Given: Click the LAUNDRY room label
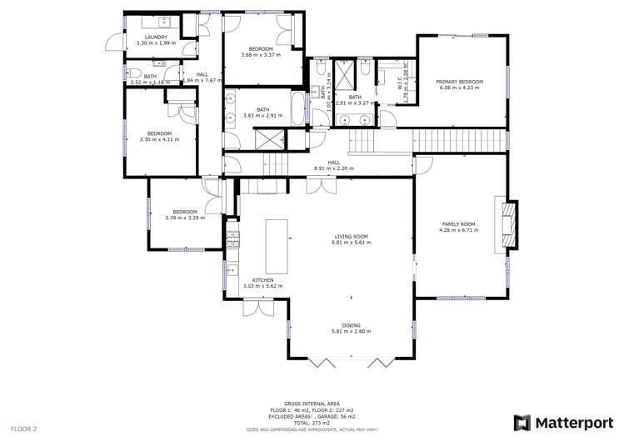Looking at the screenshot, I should point(156,37).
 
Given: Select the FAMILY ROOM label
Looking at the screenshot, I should point(457,224).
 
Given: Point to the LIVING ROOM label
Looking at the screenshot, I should point(349,236).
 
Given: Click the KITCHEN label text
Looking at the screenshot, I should point(262,279).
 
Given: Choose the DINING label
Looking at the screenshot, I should point(351,325).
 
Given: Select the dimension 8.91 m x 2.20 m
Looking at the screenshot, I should point(333,168).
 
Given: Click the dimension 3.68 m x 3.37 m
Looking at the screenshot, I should point(261,55).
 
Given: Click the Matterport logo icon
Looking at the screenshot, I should point(522,422).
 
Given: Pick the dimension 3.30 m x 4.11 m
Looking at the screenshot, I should point(159,139).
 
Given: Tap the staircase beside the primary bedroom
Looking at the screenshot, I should point(461,140).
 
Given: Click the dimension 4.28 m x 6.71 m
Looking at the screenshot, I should point(457,230).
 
